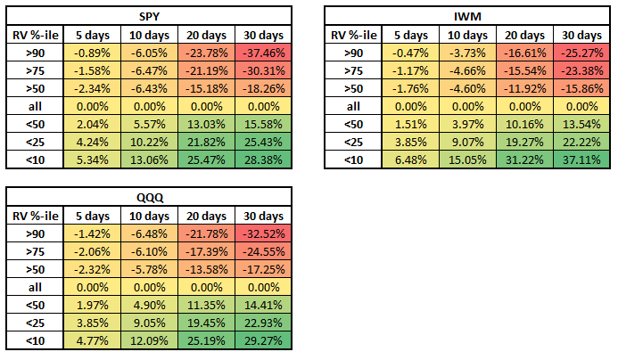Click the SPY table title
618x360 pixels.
147,16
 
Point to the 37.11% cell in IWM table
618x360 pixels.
581,159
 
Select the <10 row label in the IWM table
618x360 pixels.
353,159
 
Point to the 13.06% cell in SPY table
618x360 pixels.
146,159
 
